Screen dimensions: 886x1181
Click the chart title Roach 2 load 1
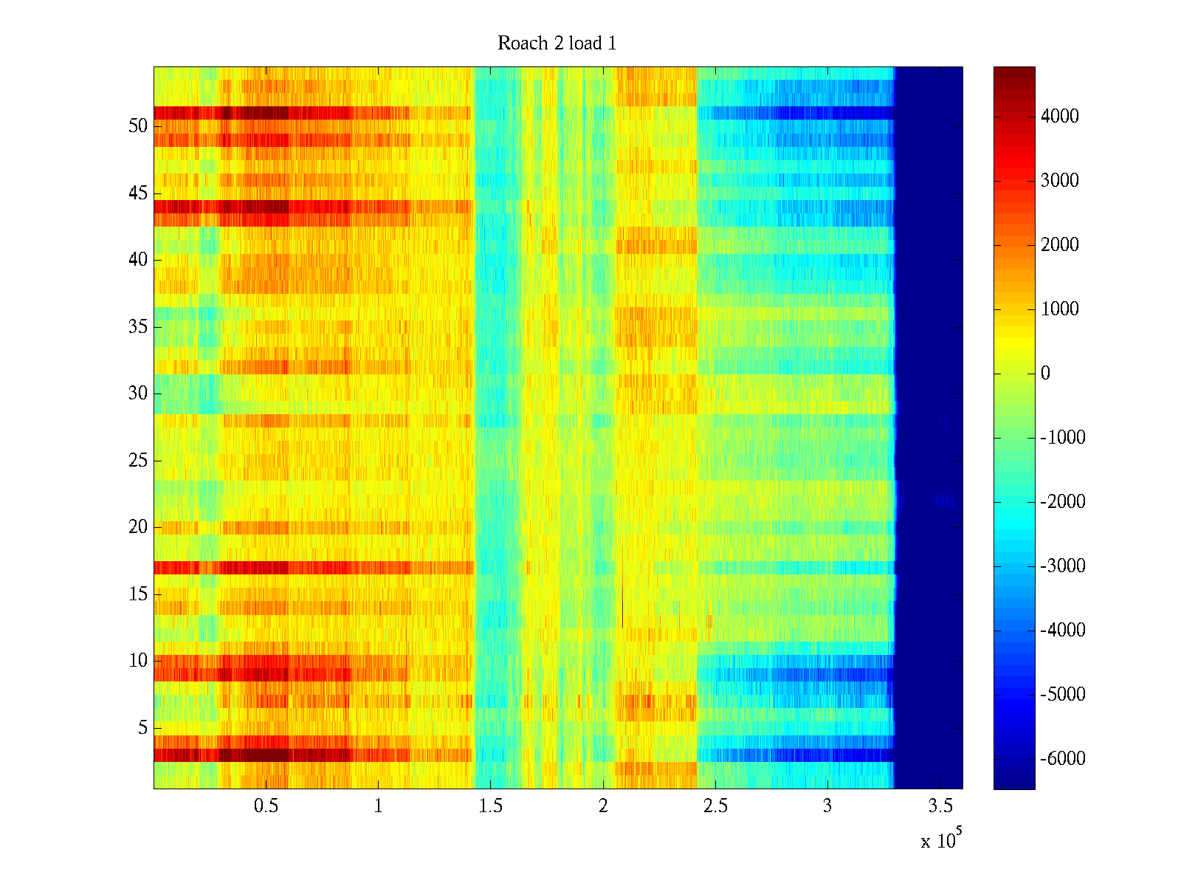[557, 44]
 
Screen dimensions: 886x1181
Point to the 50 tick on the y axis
[138, 126]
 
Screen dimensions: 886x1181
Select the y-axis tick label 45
[138, 193]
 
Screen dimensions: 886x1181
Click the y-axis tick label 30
[138, 394]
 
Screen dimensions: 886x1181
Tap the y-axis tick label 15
[138, 594]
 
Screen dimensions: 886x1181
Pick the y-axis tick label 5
[142, 728]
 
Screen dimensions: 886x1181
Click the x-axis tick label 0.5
[266, 806]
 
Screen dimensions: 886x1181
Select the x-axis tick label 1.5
[491, 806]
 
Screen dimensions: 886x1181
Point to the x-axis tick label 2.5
[715, 806]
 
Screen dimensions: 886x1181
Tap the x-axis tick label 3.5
[940, 806]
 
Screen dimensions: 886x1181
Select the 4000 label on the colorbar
[1059, 117]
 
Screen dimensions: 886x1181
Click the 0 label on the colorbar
[1045, 374]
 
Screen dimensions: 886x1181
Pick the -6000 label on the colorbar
[1063, 759]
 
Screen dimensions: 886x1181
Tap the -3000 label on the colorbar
[1063, 566]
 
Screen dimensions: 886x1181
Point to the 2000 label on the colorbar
[1059, 245]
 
